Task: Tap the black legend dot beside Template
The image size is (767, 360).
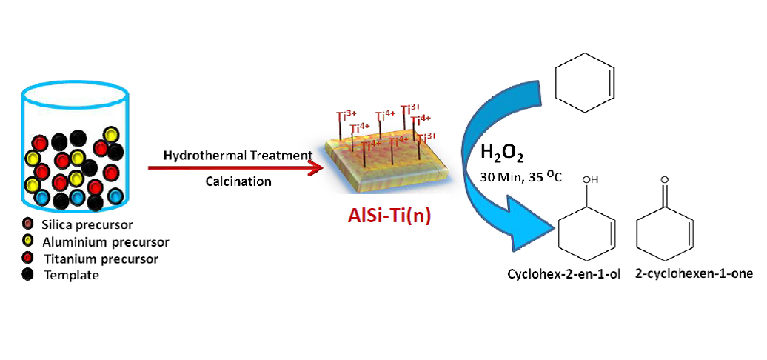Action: (x=28, y=275)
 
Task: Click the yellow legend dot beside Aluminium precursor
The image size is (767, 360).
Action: (x=28, y=241)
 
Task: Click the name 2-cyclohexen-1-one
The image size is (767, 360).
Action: (x=694, y=273)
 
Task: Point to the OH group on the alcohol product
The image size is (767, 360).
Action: (x=590, y=179)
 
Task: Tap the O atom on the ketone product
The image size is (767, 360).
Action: (x=666, y=179)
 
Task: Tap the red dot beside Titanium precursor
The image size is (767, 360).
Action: (x=28, y=258)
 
